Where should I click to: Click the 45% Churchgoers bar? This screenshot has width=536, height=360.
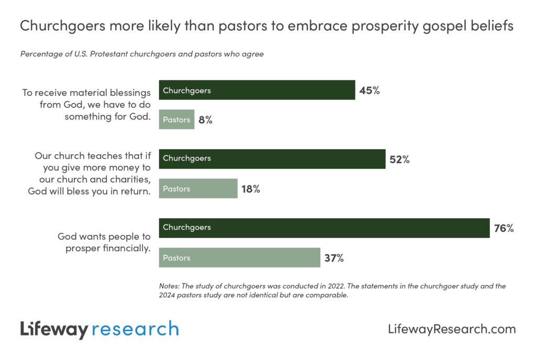[257, 90]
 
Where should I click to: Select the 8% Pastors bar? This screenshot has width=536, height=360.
[177, 119]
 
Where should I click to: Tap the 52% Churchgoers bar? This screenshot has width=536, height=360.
[272, 159]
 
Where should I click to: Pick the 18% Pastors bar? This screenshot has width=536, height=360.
[198, 188]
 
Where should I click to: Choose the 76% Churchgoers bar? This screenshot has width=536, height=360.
[324, 228]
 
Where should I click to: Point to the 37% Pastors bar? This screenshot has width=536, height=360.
[240, 257]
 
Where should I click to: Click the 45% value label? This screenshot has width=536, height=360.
[369, 91]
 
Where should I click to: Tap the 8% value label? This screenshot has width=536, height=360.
[205, 120]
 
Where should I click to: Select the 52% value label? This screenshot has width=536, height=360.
[399, 160]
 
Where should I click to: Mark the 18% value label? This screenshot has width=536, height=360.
[250, 189]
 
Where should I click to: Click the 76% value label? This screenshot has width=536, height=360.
[504, 229]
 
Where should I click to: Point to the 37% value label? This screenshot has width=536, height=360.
[333, 258]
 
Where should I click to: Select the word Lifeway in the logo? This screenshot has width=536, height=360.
[54, 329]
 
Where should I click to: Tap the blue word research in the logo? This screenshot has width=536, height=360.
[135, 329]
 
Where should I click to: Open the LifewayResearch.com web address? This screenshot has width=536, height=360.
[452, 329]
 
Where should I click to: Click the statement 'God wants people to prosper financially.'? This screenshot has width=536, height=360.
[104, 242]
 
